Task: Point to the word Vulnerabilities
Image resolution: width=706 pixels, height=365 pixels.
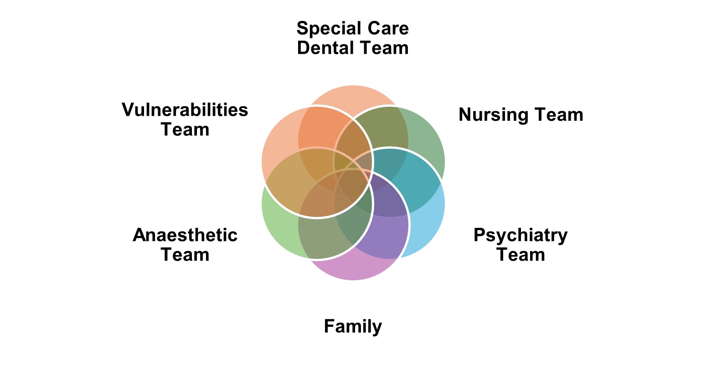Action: coord(185,110)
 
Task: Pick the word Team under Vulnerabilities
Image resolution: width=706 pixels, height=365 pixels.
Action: coord(185,130)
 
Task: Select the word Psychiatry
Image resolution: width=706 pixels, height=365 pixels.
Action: coord(520,235)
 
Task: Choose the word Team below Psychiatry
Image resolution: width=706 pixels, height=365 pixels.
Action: coord(520,255)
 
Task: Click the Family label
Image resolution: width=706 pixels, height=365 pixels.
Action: coord(353,327)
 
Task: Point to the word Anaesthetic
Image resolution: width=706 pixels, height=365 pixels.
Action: coord(185,235)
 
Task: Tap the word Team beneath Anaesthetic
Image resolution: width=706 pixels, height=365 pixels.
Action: coord(185,255)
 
